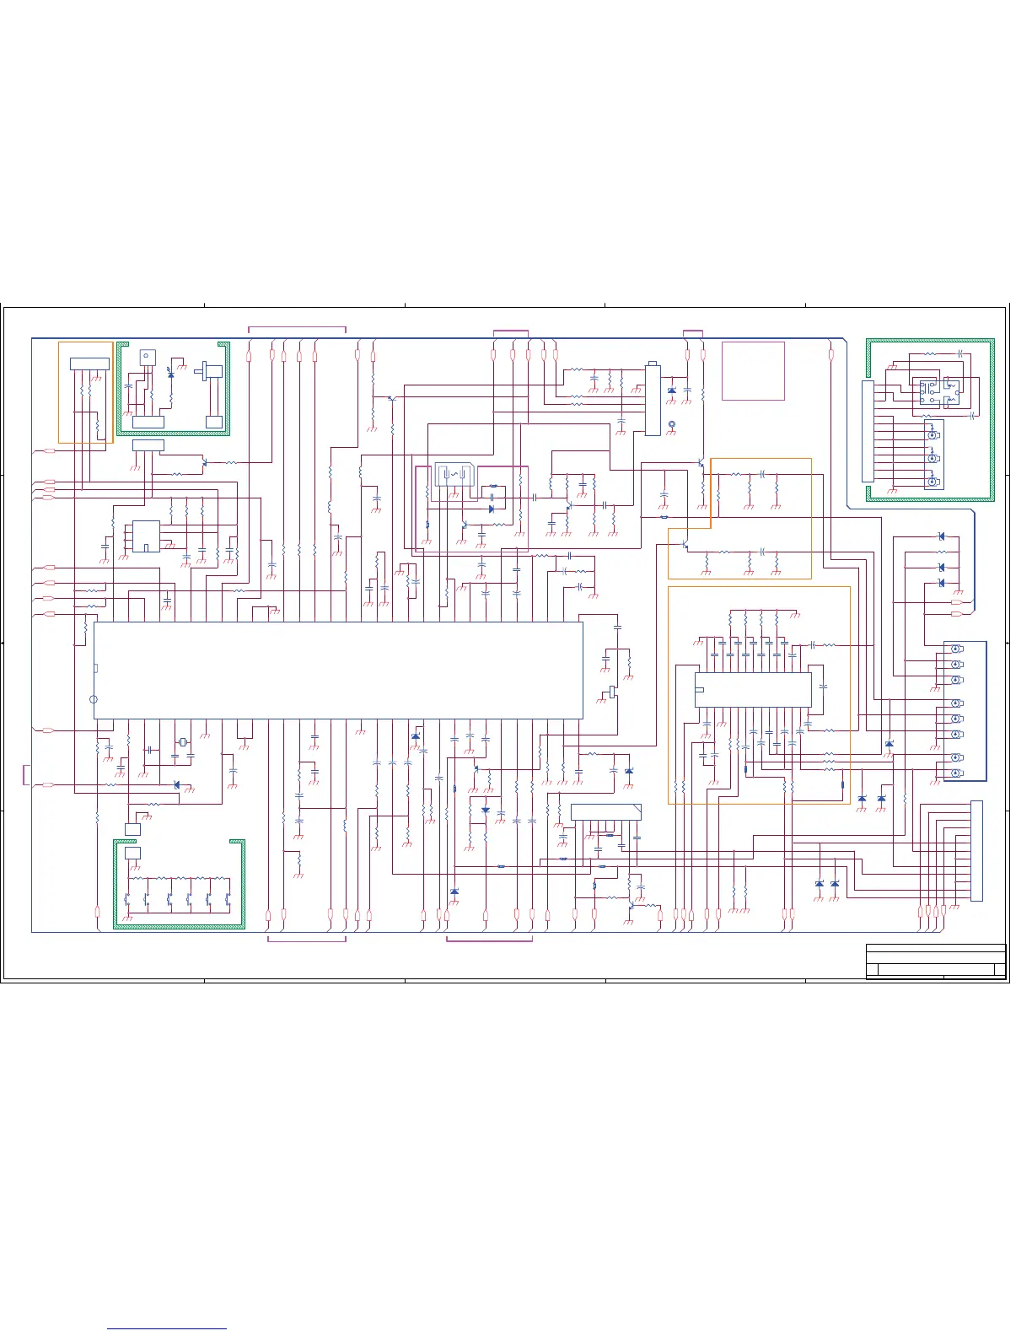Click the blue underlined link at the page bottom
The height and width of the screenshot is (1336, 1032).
point(167,1328)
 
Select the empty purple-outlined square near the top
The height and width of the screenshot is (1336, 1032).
point(753,370)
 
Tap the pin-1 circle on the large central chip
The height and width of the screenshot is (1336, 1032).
point(94,699)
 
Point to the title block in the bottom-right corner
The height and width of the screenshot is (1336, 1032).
point(936,962)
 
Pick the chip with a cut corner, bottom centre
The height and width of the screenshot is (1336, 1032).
point(605,812)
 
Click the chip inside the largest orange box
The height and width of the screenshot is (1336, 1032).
point(753,689)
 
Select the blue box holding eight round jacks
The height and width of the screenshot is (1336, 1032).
point(965,711)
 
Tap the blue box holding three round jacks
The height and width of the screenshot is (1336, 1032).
point(933,455)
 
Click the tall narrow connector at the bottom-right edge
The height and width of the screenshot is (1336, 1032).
point(976,850)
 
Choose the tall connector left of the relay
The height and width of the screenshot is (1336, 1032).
point(868,431)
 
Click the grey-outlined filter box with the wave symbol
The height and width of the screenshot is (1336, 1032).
point(454,475)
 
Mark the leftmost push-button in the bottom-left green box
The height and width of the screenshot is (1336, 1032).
point(127,899)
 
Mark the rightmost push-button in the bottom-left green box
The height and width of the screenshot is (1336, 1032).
point(228,899)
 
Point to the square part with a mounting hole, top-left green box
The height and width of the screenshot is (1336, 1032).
point(148,358)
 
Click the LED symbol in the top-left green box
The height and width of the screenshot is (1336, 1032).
point(171,373)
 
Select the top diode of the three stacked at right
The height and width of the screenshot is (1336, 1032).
point(941,536)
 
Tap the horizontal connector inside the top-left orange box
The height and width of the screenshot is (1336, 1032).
point(89,364)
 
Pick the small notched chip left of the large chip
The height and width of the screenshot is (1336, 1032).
point(146,536)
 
